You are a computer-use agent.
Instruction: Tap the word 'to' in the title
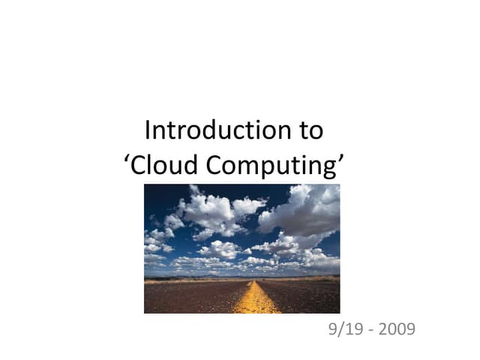309,131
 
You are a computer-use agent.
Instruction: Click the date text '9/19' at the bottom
343,328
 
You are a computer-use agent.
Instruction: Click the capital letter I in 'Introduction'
148,130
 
